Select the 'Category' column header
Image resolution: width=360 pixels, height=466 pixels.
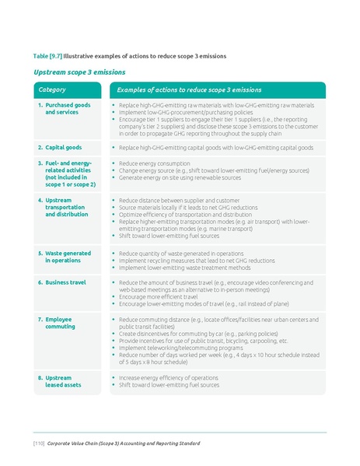tap(52, 90)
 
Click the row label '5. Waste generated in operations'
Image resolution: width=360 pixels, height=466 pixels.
tap(65, 257)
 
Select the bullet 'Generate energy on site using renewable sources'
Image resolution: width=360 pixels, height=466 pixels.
tap(185, 177)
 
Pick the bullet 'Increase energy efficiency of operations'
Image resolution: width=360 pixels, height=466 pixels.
tap(168, 378)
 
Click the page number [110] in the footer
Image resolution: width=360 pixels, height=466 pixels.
tap(37, 443)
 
